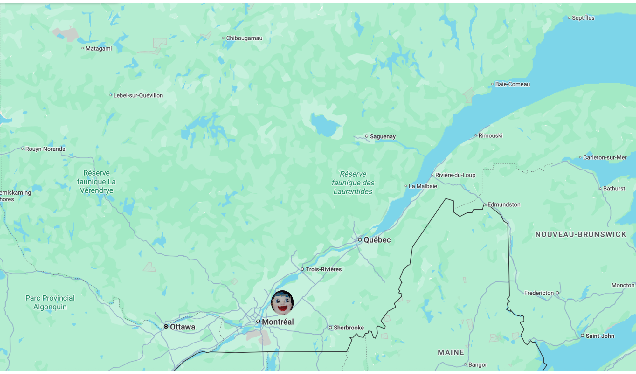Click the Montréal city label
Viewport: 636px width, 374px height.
tap(278, 322)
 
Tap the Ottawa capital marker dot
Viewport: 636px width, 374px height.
tap(166, 327)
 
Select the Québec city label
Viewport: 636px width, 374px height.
tap(377, 240)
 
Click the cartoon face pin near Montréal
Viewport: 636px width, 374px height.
tap(282, 302)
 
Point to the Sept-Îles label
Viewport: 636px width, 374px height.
tap(583, 18)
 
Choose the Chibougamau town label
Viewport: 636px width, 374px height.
tap(244, 38)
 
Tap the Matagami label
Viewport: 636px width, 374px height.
tap(99, 49)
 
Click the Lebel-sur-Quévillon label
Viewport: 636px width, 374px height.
tap(138, 95)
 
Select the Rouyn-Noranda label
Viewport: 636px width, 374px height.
tap(45, 149)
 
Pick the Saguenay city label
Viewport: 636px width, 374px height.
tap(383, 136)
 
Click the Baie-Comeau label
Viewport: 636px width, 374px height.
tap(512, 84)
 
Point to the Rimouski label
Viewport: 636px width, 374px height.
tap(490, 136)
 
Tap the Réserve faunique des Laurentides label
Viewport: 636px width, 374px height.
tap(353, 183)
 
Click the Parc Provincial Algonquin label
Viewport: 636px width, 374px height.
tap(50, 302)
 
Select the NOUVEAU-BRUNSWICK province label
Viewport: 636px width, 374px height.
tap(581, 234)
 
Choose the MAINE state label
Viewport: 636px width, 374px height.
tap(451, 352)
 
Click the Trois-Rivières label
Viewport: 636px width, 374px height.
tap(323, 269)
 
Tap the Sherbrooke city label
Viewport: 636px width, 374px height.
tap(349, 328)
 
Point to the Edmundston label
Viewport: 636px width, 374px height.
tap(504, 204)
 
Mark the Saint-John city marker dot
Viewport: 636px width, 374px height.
tap(583, 336)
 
